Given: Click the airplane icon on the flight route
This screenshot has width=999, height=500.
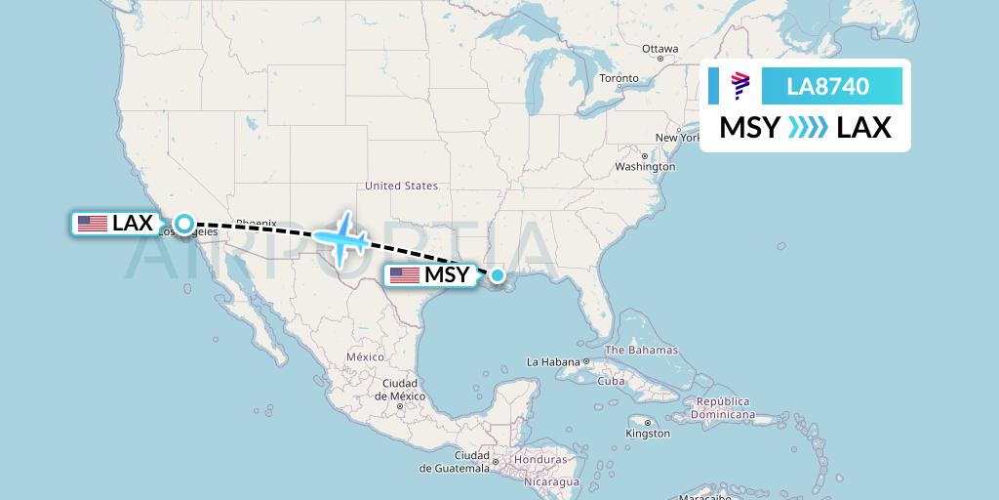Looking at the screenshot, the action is (341, 236).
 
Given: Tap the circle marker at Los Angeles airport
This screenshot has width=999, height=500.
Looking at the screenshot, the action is (183, 224).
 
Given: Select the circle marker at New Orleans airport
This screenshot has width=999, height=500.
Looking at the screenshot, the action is (498, 275).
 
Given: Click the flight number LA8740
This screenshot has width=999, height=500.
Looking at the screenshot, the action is (827, 86).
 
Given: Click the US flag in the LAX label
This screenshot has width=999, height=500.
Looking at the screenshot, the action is (93, 224).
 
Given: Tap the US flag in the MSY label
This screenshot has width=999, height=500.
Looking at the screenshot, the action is (404, 275).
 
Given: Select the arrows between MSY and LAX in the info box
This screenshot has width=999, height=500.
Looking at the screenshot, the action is (808, 128).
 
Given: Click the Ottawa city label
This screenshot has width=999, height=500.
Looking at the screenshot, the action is (659, 49).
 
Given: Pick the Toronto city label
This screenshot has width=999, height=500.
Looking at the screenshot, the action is (619, 78).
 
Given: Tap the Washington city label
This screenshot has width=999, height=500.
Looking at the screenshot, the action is (645, 166).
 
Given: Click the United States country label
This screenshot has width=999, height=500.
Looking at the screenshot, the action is (401, 186).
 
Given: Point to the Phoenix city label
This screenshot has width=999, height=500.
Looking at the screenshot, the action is (257, 222).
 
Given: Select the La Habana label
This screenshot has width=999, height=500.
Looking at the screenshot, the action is (553, 362).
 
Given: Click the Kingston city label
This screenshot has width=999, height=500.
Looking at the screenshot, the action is (648, 433).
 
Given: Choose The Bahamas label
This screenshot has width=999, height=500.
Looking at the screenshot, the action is (641, 350).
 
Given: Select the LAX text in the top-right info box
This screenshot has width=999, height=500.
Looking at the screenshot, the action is (863, 128).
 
